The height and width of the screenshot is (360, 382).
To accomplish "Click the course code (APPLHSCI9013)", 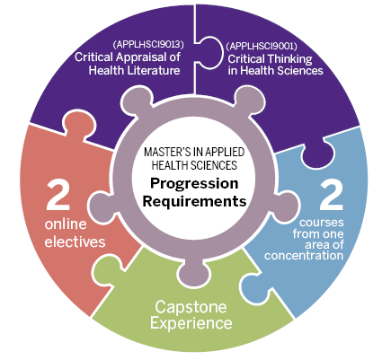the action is pos(148,45).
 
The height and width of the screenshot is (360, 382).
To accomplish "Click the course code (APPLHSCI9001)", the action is pos(262,46).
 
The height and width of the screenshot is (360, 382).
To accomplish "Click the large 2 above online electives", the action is pos(58,195).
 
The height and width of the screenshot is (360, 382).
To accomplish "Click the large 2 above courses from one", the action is pos(331,195).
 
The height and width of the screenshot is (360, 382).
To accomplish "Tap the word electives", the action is pos(75,241).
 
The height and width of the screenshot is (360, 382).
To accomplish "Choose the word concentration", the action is pos(304,256).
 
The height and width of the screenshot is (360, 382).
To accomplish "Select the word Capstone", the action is pos(191,308).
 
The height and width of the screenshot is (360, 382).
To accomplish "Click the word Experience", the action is pos(191,323).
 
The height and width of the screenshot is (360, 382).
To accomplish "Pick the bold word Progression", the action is pos(194,183).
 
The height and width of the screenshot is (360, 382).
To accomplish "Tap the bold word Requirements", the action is pos(194,201).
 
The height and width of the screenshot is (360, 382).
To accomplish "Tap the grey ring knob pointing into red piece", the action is pos(101,207).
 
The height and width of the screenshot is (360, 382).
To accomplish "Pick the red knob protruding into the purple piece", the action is pos(79,122).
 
